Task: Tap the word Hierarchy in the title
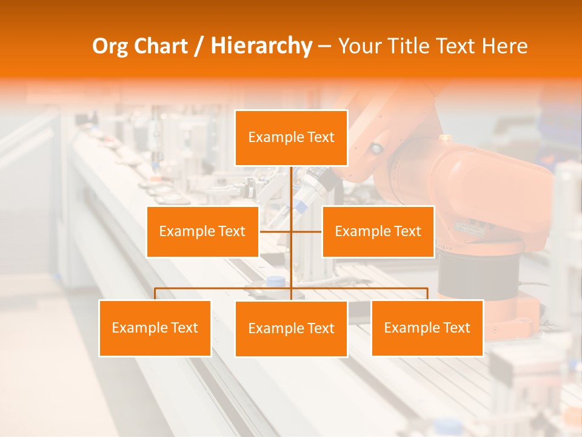(261, 46)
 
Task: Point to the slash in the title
(199, 46)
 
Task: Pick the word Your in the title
(358, 46)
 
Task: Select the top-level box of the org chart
(291, 138)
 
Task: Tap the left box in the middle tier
(202, 231)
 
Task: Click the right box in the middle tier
(378, 231)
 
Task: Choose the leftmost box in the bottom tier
(155, 328)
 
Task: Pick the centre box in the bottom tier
(291, 329)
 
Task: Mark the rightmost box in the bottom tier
(427, 328)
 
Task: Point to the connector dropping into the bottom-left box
(155, 294)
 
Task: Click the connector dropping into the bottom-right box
(427, 294)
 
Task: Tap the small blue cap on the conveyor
(276, 281)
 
